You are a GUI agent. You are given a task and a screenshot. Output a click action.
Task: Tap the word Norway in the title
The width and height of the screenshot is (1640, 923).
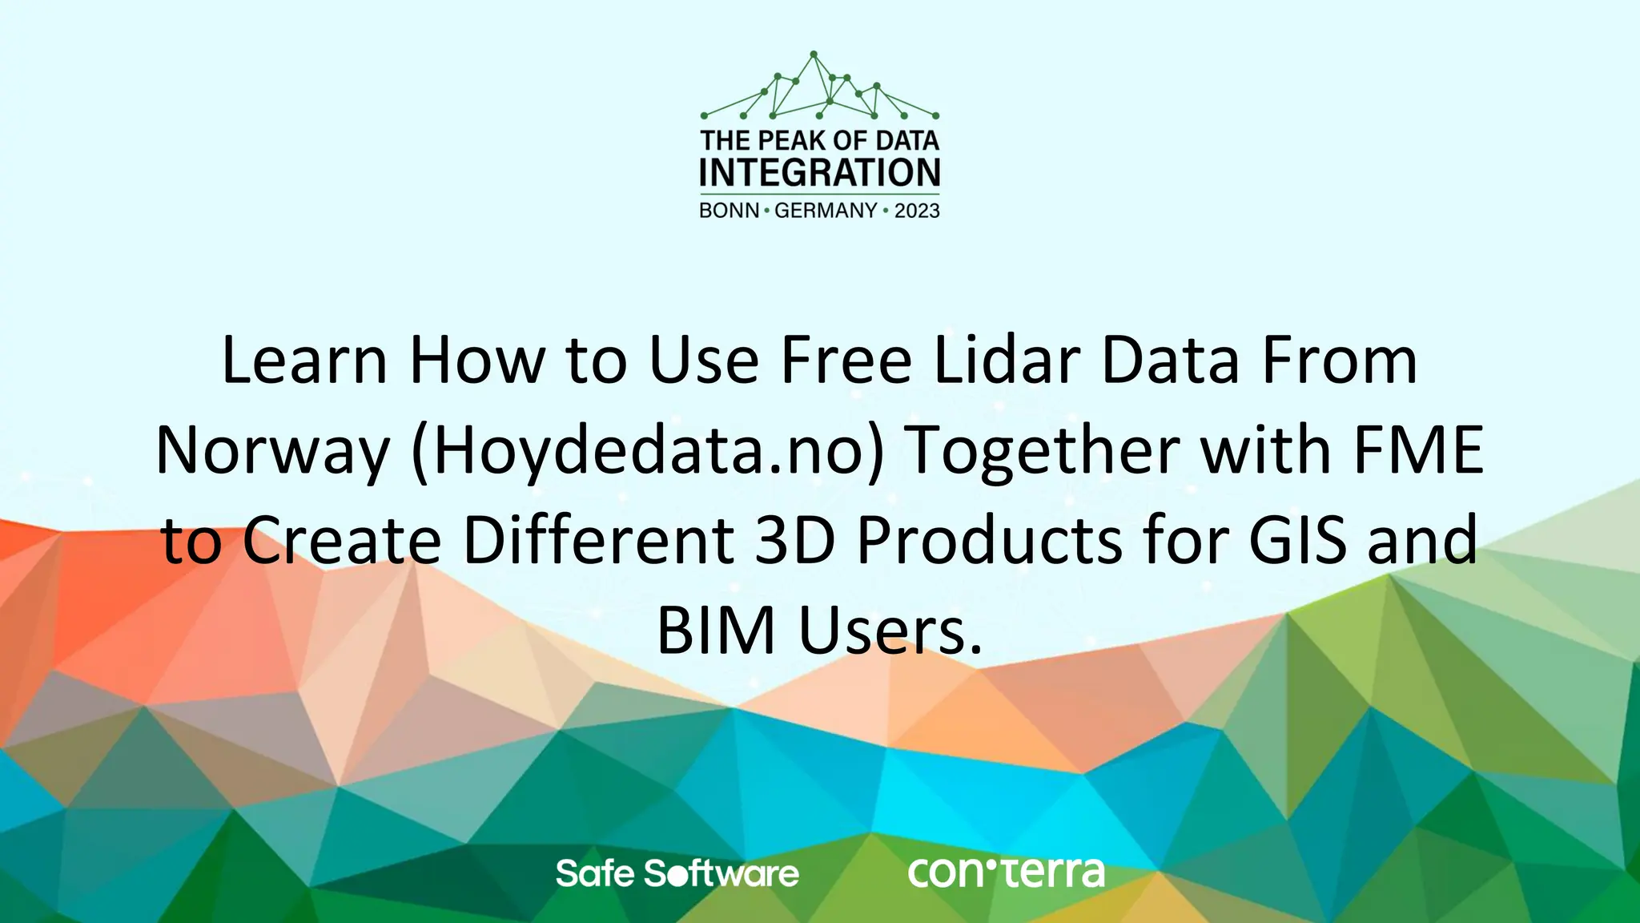tap(272, 451)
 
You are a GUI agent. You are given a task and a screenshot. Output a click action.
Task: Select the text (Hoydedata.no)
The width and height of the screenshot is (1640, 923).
tap(649, 451)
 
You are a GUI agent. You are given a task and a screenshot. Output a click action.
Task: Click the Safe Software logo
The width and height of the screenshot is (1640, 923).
tap(677, 873)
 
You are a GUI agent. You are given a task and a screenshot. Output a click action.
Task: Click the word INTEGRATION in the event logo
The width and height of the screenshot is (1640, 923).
tap(819, 173)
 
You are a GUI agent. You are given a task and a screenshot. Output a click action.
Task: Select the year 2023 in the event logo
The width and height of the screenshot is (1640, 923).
tap(917, 211)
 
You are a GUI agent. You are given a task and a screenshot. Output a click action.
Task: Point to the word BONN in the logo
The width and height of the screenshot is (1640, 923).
tap(729, 211)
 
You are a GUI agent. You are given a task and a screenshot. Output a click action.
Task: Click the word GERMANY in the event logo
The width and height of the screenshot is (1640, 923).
tap(826, 211)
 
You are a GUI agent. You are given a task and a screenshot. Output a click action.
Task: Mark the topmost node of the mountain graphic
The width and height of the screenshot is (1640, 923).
tap(814, 54)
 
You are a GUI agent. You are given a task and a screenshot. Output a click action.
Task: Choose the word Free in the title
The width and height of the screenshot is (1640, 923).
tap(846, 361)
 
